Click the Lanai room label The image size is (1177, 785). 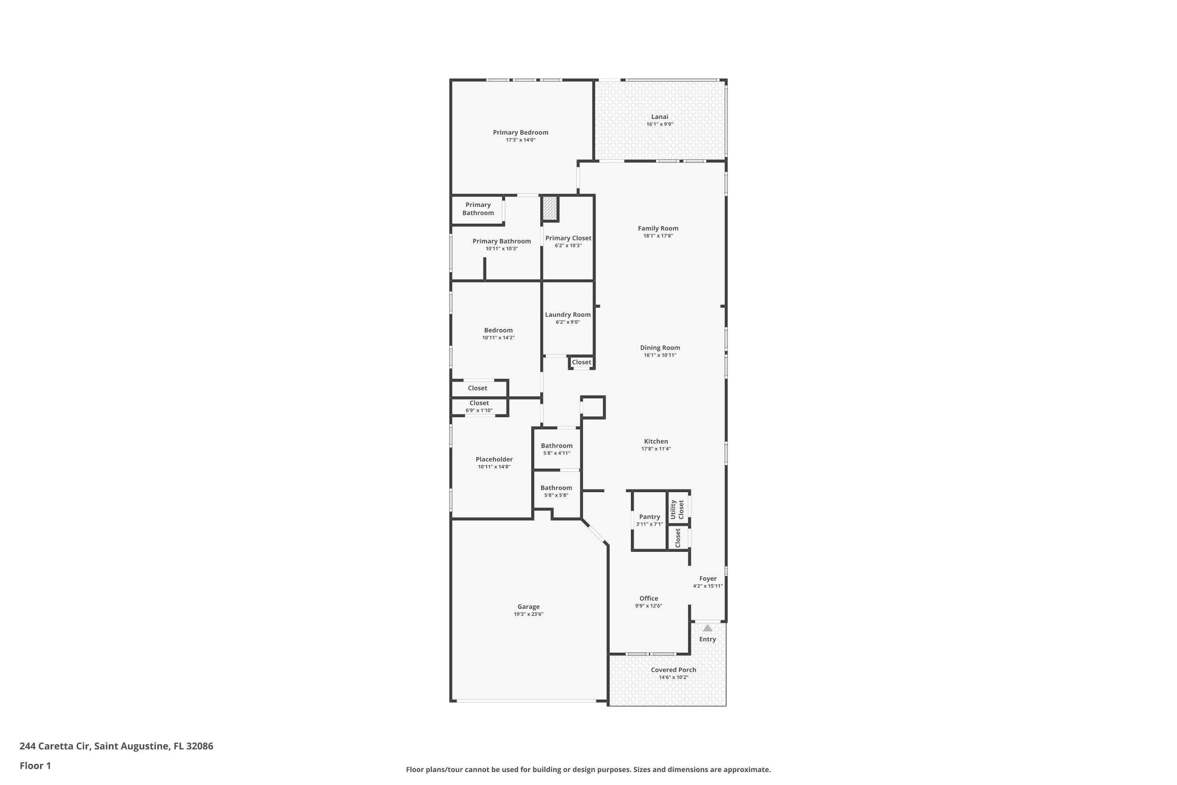[x=660, y=117]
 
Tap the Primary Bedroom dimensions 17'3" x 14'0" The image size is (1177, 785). [x=521, y=140]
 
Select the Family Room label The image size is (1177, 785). [x=658, y=228]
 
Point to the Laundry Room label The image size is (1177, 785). [x=567, y=314]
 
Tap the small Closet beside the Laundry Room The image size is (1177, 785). [x=581, y=362]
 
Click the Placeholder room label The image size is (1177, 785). [x=494, y=459]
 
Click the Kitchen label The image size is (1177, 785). [x=656, y=441]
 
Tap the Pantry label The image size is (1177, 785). [x=649, y=517]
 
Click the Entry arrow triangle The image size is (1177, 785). [x=707, y=628]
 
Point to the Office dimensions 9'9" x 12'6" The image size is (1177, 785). [x=649, y=606]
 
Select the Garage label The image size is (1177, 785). [x=528, y=606]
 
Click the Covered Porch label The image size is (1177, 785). [x=673, y=670]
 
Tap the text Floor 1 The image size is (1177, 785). [x=35, y=765]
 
